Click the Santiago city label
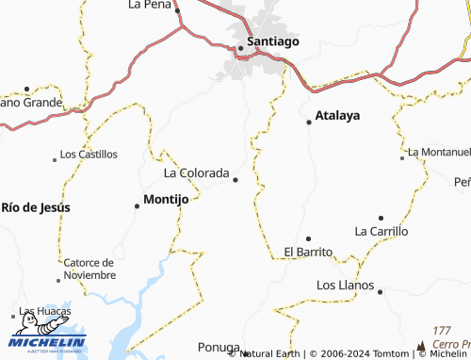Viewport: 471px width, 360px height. (x=273, y=42)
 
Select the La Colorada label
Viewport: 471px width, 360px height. (x=196, y=173)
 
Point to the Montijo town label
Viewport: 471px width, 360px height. (x=166, y=200)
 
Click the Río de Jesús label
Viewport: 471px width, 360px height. (x=37, y=207)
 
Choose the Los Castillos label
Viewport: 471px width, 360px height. (x=89, y=154)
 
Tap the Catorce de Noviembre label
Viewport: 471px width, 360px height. (x=89, y=269)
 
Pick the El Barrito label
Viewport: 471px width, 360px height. (x=308, y=253)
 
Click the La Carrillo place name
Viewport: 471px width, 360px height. (x=382, y=231)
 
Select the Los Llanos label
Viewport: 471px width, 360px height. (x=345, y=285)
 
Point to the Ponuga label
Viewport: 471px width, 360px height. (x=219, y=346)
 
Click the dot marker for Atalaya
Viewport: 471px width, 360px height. (x=309, y=122)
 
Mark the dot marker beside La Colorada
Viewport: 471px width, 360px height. (x=235, y=179)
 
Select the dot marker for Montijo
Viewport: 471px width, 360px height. (x=137, y=205)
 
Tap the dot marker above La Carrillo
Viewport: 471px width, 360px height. (x=381, y=218)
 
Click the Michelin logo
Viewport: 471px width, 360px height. (x=47, y=344)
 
